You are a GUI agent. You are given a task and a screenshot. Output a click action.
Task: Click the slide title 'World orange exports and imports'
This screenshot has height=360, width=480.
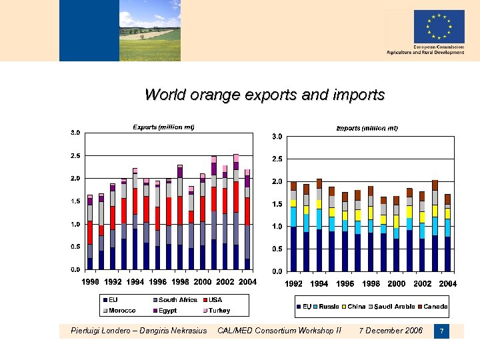coord(265,95)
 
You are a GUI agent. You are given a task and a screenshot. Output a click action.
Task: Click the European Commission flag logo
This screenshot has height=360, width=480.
coord(439,27)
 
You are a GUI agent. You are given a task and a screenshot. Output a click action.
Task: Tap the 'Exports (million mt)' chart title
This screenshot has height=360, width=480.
coord(163,127)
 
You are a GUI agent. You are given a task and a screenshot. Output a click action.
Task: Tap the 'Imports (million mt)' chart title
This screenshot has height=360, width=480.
coord(367,128)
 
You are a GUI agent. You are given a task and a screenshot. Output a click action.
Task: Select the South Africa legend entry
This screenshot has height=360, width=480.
coord(174,300)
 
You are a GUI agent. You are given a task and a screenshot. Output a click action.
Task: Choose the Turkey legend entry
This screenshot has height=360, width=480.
coord(215,311)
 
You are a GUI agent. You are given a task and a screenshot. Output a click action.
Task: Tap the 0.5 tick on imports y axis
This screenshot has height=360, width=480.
coord(276,249)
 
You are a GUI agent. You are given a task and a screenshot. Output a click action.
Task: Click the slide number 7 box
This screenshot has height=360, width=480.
coord(441,331)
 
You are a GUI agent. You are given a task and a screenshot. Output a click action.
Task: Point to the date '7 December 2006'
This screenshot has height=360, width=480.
coord(390,331)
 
